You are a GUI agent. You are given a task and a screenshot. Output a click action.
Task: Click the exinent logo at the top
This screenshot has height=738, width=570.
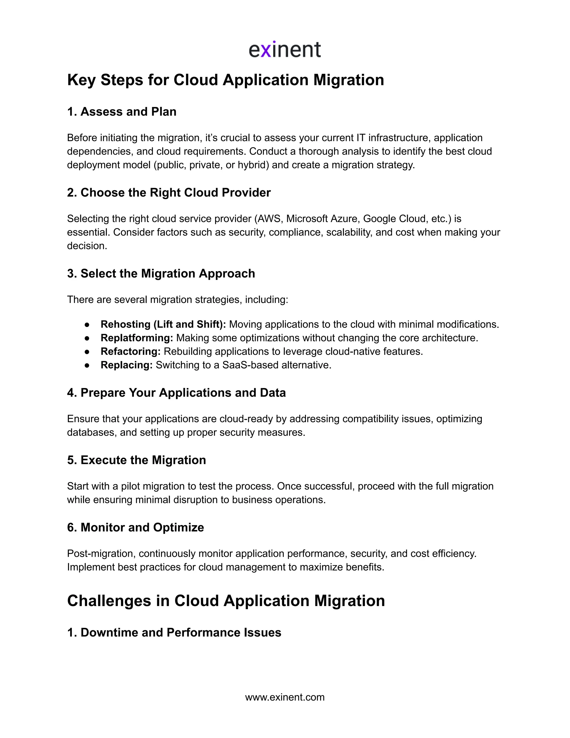click(285, 50)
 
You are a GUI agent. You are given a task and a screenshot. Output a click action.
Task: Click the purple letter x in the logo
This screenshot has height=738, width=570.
click(266, 51)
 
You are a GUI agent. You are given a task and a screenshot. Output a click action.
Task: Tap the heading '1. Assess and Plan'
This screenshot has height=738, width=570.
click(122, 111)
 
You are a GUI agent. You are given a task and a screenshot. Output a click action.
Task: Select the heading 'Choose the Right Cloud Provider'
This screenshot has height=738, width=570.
click(175, 193)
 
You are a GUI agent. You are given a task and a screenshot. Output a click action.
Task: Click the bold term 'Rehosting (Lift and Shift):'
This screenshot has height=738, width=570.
click(163, 324)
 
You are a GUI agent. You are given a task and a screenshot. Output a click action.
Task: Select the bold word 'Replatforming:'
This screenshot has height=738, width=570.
click(137, 338)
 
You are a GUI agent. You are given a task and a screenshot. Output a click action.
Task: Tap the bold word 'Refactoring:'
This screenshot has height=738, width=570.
click(130, 351)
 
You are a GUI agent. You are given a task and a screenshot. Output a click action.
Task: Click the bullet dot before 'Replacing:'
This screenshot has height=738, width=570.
click(87, 365)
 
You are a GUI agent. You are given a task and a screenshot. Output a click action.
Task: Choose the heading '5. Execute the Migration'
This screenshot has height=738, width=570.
click(136, 460)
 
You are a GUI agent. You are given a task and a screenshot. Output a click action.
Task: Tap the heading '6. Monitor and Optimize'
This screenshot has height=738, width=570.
click(136, 527)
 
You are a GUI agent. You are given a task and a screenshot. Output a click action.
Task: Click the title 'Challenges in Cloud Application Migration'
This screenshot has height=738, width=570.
click(226, 601)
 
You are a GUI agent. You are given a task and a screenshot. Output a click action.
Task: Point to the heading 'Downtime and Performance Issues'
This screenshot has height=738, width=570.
click(181, 632)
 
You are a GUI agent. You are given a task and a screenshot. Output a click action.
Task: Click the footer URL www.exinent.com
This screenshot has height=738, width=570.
click(285, 697)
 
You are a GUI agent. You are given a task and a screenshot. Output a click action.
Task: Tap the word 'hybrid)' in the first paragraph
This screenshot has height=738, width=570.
click(253, 165)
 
